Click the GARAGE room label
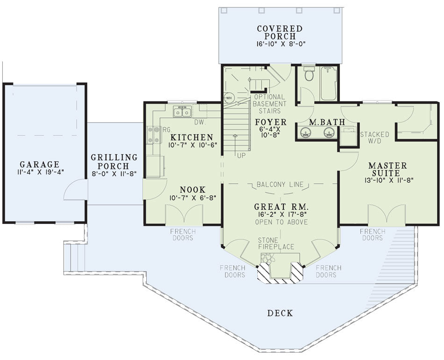pos(40,164)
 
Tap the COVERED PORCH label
pos(280,33)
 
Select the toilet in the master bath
pos(309,74)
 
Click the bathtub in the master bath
pos(329,83)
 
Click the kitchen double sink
pos(182,112)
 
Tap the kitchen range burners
pos(153,135)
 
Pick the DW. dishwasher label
pos(200,122)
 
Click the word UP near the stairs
pos(241,156)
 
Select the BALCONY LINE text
pos(280,185)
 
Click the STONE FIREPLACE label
pos(276,244)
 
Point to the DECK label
pos(280,313)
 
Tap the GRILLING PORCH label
pos(114,161)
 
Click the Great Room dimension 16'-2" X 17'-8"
pos(280,214)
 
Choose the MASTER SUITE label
pos(387,169)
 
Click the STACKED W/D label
pos(374,137)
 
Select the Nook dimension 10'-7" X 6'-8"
pos(193,198)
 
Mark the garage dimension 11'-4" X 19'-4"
pos(40,172)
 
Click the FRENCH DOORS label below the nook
pos(183,235)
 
